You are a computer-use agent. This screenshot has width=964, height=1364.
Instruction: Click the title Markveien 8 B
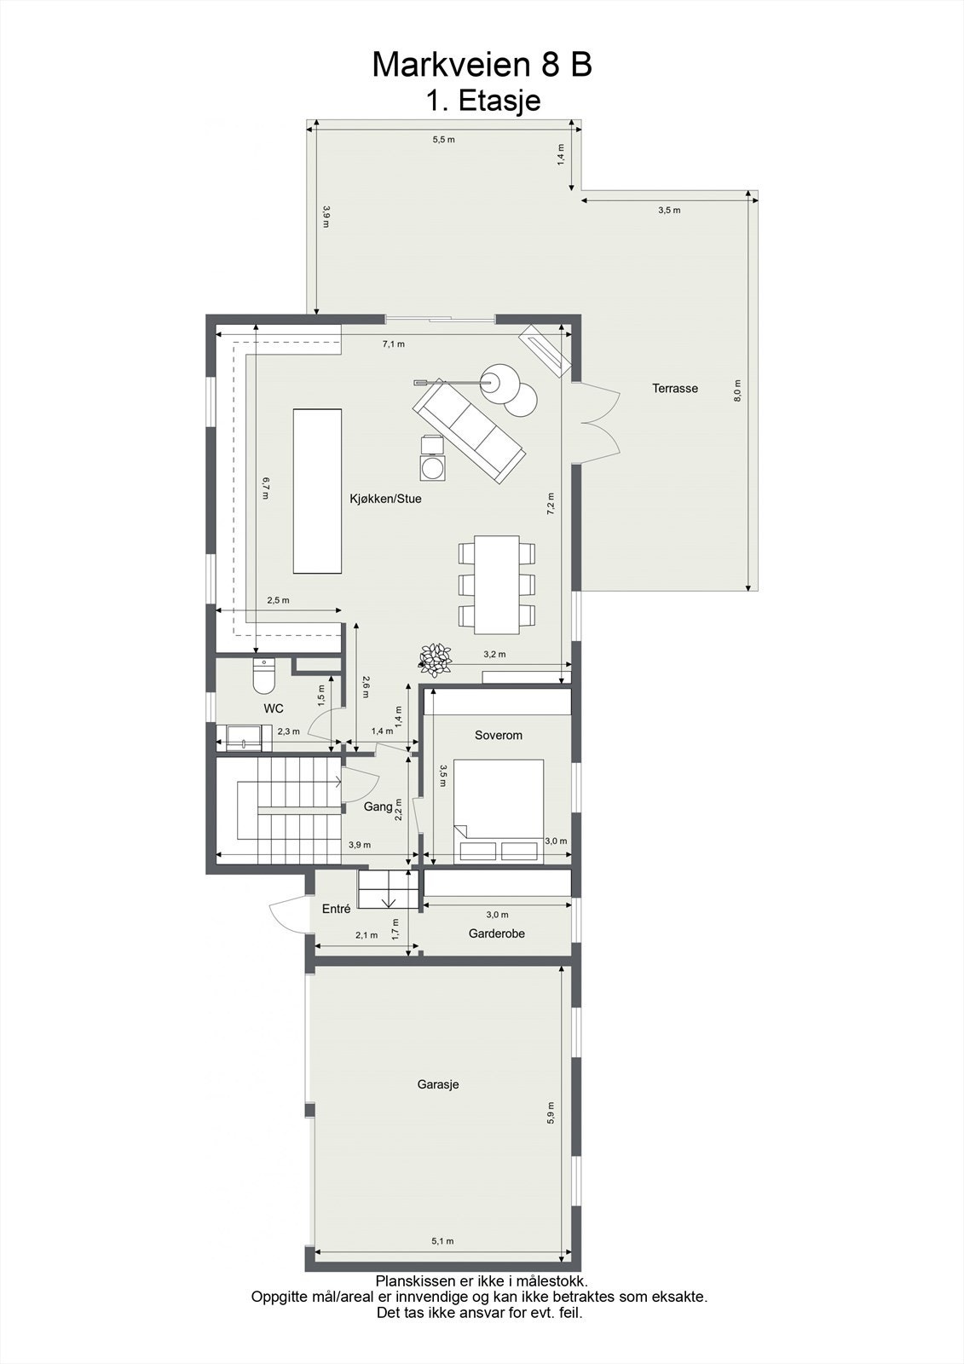482,65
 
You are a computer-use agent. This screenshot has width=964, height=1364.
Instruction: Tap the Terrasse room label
675,388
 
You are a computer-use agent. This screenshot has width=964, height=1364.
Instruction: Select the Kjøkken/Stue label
385,499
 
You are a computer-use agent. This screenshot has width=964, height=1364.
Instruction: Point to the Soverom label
499,735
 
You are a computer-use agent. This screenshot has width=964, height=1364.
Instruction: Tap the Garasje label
438,1084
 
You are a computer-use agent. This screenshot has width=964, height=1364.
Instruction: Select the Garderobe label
497,933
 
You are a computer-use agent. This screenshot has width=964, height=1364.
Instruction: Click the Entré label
336,909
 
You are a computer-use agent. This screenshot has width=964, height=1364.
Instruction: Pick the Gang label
378,806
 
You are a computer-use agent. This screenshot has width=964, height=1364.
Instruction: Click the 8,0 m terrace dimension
738,390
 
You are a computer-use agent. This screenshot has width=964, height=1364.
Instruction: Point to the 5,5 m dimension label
443,139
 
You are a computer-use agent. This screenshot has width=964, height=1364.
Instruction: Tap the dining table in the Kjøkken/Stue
497,584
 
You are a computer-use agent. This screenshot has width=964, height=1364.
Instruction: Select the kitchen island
317,491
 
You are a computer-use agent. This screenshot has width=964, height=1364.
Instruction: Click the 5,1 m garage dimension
443,1240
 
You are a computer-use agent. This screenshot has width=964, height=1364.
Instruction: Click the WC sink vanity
243,737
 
